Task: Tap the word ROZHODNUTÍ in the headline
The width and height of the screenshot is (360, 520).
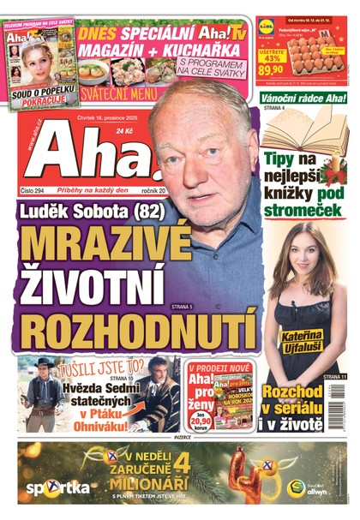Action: (138, 328)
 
